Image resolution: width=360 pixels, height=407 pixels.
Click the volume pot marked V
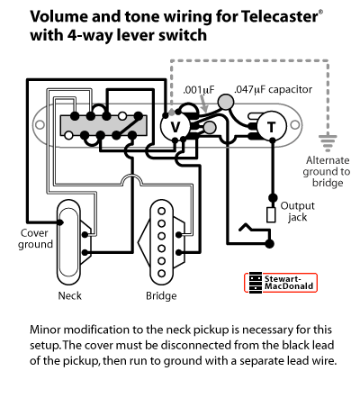[x=175, y=126]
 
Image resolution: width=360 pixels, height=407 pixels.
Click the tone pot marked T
[x=272, y=126]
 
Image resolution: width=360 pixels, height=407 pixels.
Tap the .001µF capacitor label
[x=199, y=90]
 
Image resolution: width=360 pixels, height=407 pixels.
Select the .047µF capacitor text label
[x=273, y=89]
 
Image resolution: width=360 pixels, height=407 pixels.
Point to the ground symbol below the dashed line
[x=328, y=143]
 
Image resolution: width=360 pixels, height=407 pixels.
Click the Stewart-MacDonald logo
[x=281, y=283]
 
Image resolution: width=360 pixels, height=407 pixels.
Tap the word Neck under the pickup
[x=69, y=295]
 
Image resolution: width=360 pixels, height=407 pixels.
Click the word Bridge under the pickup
[x=161, y=296]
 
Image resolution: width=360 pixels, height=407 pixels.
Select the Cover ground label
[x=35, y=239]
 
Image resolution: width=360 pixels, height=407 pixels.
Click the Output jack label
[x=297, y=212]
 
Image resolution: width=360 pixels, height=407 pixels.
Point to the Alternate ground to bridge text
[x=327, y=171]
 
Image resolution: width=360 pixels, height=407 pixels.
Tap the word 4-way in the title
[x=90, y=35]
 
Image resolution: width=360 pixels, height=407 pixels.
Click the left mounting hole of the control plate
[x=40, y=124]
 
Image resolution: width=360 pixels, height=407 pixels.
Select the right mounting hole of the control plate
[x=295, y=125]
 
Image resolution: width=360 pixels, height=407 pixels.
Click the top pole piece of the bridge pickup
[x=162, y=212]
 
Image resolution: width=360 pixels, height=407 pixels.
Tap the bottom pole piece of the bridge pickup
[x=162, y=274]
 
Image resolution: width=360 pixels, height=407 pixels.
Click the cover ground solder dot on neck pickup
[x=60, y=222]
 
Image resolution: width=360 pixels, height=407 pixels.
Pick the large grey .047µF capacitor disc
[x=226, y=102]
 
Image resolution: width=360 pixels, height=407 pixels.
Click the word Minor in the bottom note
[x=45, y=330]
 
